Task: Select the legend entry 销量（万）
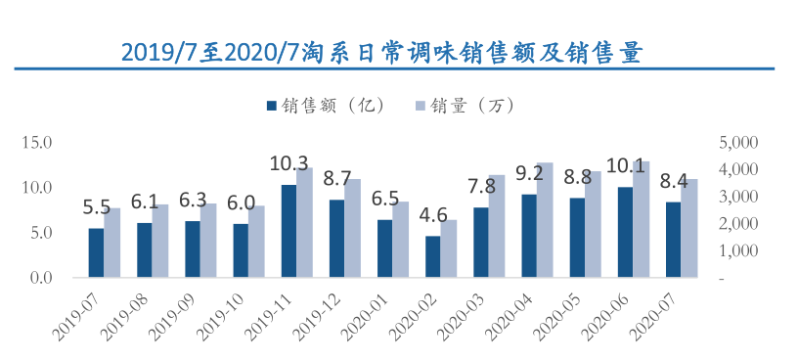point(468,105)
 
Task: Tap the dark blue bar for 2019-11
point(288,231)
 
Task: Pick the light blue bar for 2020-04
point(545,220)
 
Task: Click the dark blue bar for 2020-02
point(432,256)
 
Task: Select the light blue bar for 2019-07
point(112,243)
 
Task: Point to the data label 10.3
point(288,163)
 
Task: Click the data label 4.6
point(432,215)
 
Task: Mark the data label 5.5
point(96,206)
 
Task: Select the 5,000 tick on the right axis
point(738,142)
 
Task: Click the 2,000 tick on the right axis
point(738,224)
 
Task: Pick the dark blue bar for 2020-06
point(625,232)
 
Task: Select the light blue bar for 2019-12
point(352,228)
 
